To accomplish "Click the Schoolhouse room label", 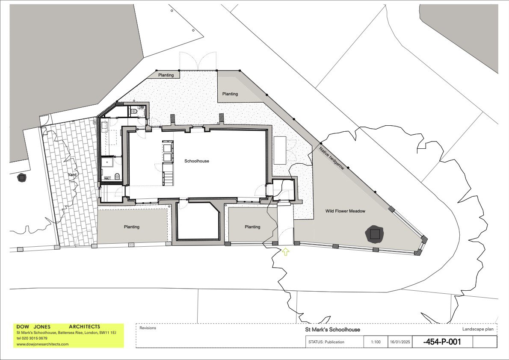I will (197, 161).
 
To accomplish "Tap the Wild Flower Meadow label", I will (345, 211).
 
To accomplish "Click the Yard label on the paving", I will (71, 175).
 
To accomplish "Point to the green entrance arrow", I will (286, 252).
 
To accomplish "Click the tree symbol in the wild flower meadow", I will (375, 234).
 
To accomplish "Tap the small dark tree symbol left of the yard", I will (21, 177).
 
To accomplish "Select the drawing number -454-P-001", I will (442, 342).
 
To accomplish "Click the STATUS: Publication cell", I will (326, 342).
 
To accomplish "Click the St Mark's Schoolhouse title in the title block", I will (332, 330).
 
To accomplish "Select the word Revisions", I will (148, 328).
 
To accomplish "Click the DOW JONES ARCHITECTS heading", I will (58, 327).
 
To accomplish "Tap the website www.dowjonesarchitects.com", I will (42, 344).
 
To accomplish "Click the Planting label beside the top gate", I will (166, 75).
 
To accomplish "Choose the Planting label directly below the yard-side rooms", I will (131, 227).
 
